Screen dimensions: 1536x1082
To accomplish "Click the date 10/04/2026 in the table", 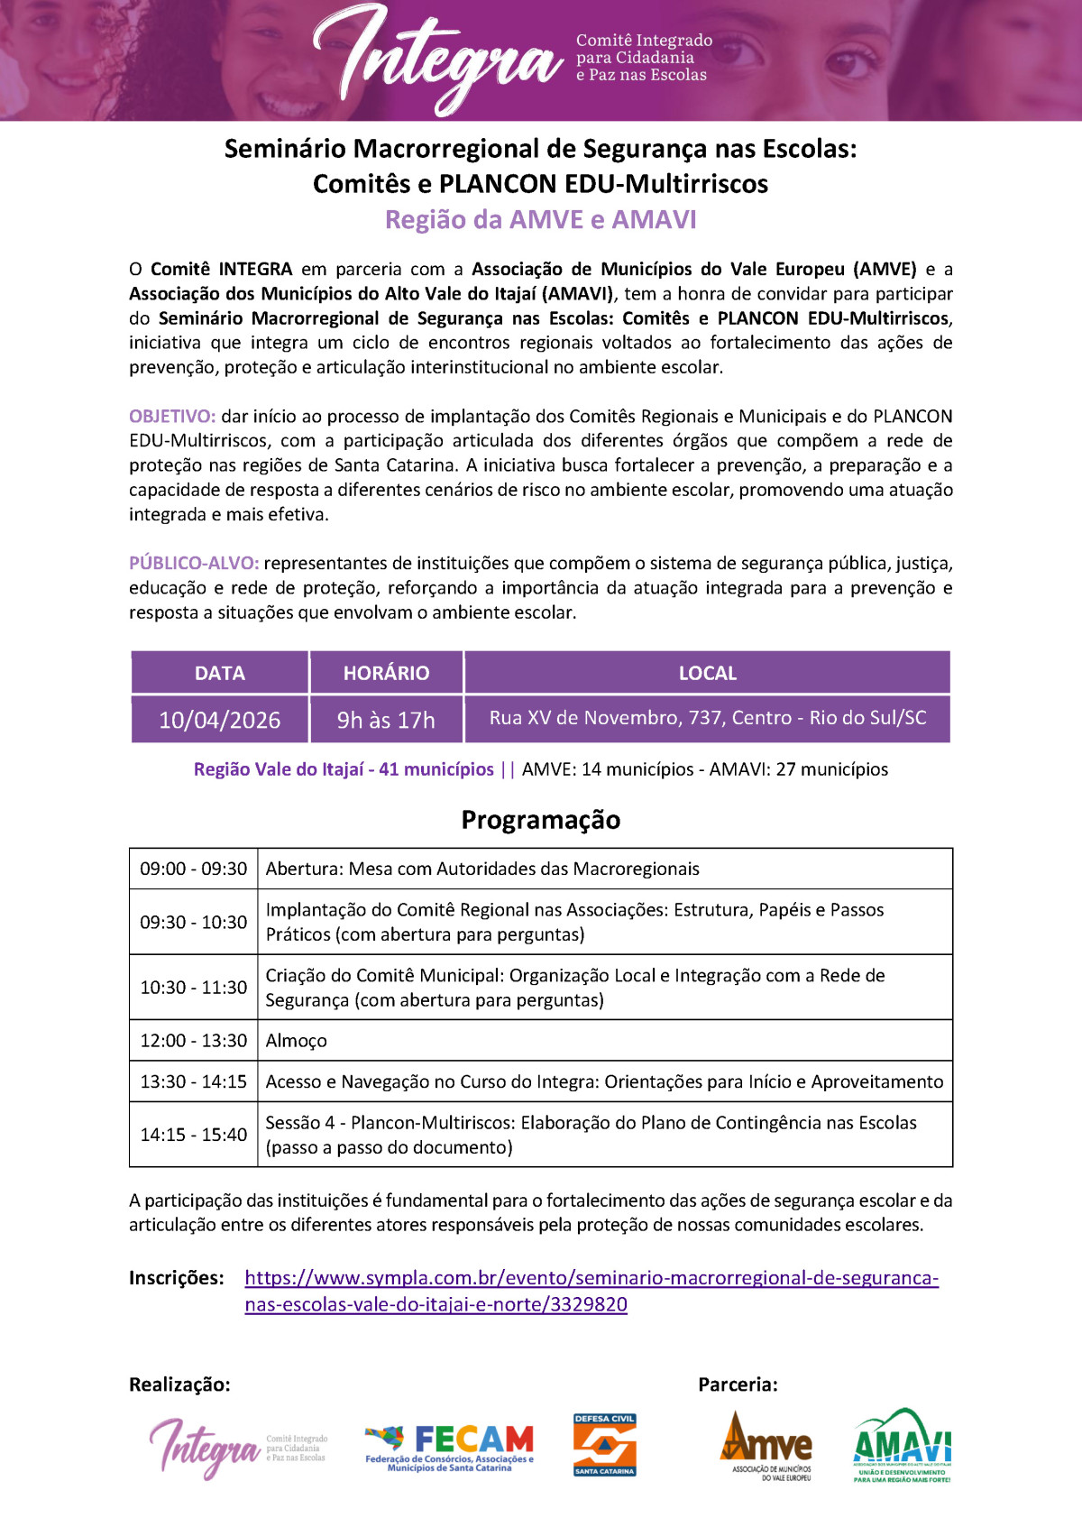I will coord(219,720).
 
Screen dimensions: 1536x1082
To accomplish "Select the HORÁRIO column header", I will coord(386,673).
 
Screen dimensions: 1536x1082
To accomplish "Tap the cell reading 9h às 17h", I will coord(386,720).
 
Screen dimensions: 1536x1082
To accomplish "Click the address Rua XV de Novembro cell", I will coord(708,718).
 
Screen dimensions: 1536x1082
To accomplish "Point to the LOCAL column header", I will coord(708,673).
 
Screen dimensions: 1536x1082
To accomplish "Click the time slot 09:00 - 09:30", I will coord(193,869).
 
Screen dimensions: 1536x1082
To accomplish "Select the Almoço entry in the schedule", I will coord(297,1041).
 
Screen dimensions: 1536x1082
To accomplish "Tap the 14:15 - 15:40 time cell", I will coord(193,1135).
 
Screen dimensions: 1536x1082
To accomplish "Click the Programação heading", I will coord(541,820).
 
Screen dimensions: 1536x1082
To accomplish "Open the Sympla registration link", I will coord(591,1279).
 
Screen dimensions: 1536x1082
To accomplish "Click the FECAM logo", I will coord(449,1448).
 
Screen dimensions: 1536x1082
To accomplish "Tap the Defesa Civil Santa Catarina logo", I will coord(605,1445).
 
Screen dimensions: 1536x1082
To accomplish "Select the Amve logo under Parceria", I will coord(766,1447).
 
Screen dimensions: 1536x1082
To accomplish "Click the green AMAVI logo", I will coord(903,1445).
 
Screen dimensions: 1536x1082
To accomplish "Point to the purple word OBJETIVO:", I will coord(172,417).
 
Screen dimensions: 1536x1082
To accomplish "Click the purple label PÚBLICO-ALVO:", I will coord(194,564).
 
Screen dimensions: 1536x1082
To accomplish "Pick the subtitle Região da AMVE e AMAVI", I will coord(541,220).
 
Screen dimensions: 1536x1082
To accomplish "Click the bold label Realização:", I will coord(179,1384).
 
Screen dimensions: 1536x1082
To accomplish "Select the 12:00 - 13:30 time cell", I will coord(193,1041).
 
